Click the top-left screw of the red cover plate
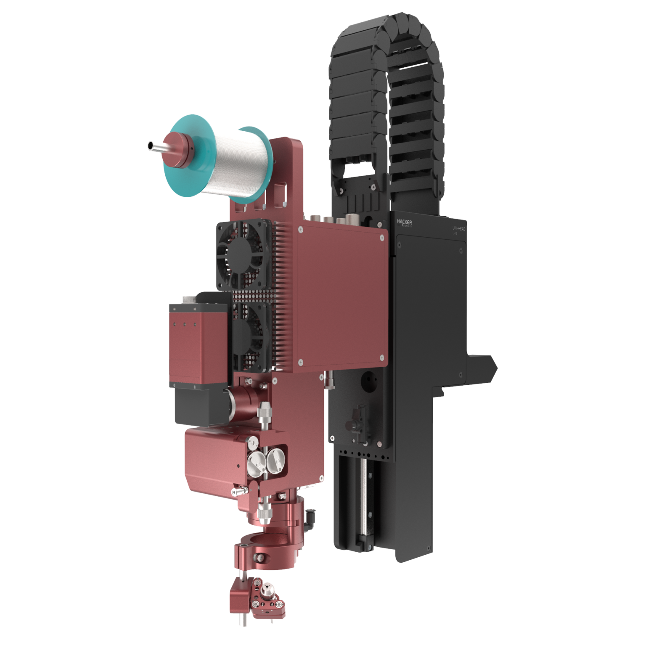(300, 230)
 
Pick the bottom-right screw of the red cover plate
(381, 357)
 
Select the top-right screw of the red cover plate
(381, 237)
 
